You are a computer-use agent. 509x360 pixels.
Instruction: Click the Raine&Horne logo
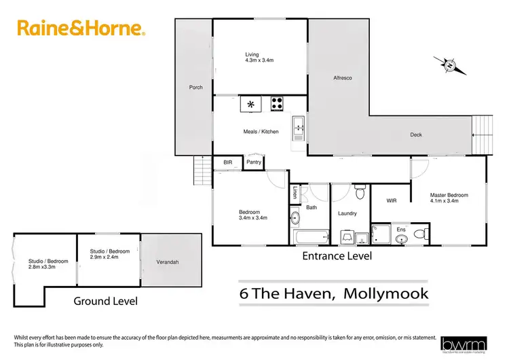80,29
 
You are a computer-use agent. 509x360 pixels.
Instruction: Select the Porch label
195,88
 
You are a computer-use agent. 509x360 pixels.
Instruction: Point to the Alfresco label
341,78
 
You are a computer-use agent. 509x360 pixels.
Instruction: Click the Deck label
416,134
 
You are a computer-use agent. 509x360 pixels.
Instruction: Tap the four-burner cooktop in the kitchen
277,104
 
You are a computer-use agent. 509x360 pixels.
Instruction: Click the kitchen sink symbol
299,127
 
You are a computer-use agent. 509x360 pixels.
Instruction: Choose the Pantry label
254,162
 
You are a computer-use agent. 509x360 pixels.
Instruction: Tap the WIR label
392,200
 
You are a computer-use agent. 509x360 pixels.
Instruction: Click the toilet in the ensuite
420,235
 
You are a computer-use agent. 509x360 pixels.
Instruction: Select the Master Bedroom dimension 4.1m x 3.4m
449,201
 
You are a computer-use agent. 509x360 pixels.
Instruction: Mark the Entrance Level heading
337,256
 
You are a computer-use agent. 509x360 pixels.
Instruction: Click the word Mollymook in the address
386,293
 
